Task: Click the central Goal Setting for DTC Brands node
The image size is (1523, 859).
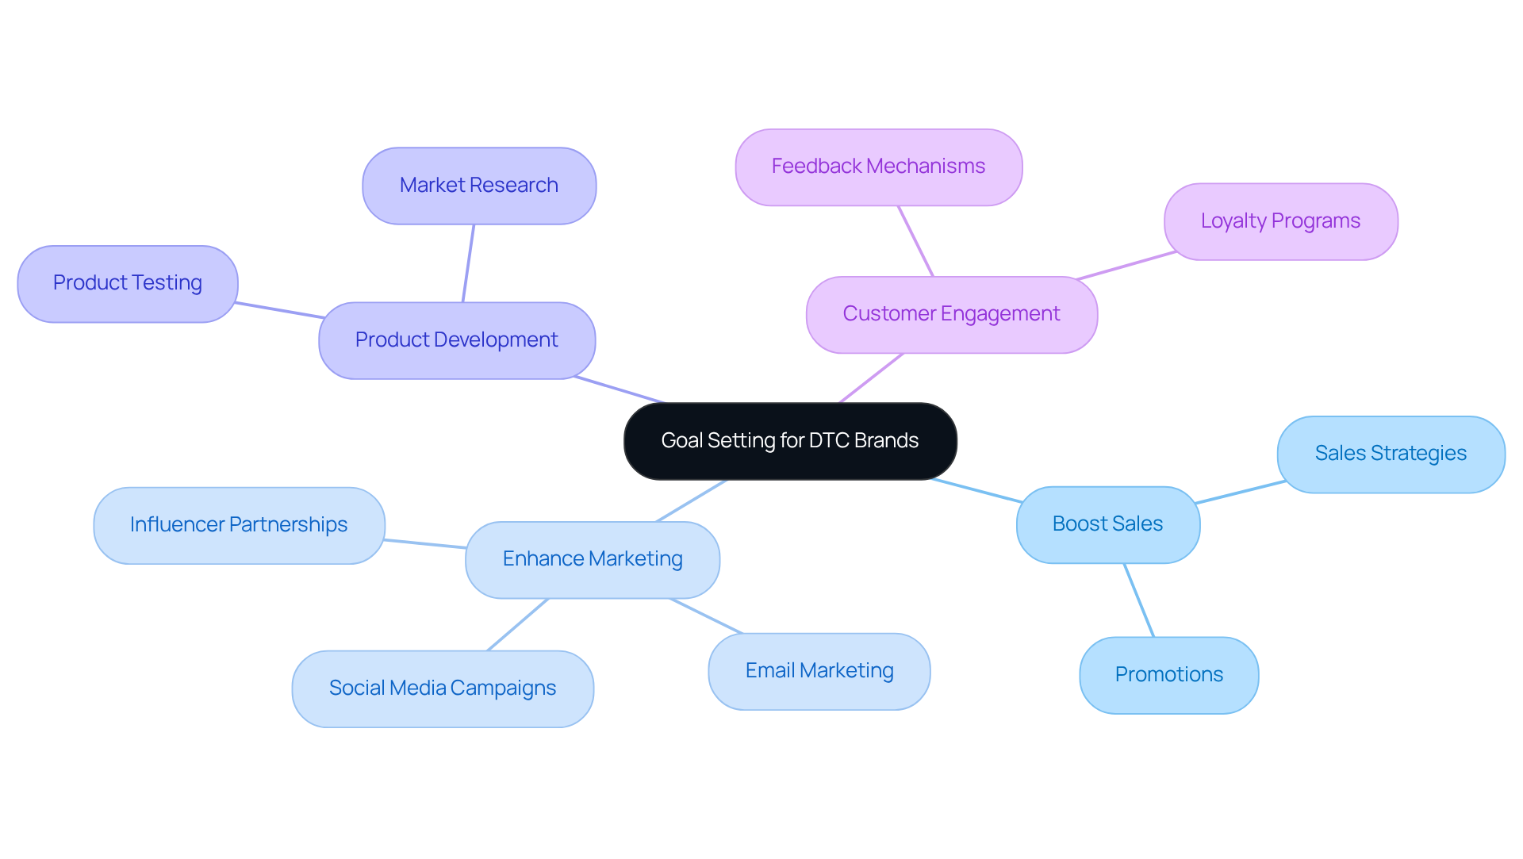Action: [790, 441]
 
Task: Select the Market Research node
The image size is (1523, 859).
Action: [479, 186]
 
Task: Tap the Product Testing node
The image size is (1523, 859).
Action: [128, 283]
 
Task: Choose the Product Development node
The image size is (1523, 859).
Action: [457, 340]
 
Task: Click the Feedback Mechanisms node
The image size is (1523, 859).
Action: [878, 167]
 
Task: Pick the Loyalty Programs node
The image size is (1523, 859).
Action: [1280, 221]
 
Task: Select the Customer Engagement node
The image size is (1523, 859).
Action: [951, 314]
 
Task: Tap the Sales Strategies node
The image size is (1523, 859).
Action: [1391, 454]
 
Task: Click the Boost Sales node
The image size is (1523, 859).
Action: [1107, 524]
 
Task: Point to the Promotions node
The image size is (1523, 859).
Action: [1168, 675]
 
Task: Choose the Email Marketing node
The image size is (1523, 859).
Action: [819, 671]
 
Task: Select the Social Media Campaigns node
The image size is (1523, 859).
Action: [443, 688]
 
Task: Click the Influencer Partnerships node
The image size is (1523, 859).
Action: [239, 525]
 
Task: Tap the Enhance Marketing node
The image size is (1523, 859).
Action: [593, 559]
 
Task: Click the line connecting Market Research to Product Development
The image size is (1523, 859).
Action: [468, 263]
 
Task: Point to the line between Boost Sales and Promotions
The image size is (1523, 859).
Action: [1139, 600]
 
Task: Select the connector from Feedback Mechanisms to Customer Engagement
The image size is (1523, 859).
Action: [915, 241]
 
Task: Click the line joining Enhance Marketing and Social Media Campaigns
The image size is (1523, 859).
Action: [517, 625]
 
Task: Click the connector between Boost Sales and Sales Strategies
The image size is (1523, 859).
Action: [1240, 492]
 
